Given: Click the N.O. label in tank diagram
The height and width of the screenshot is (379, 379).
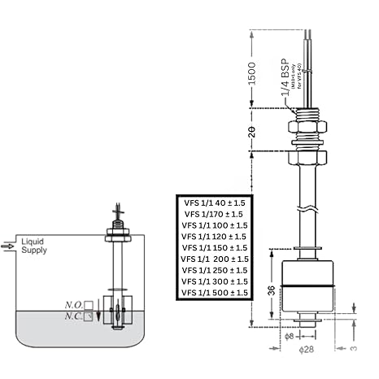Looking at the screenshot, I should pyautogui.click(x=84, y=305).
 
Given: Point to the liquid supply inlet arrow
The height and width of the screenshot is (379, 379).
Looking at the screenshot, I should pyautogui.click(x=9, y=244).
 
